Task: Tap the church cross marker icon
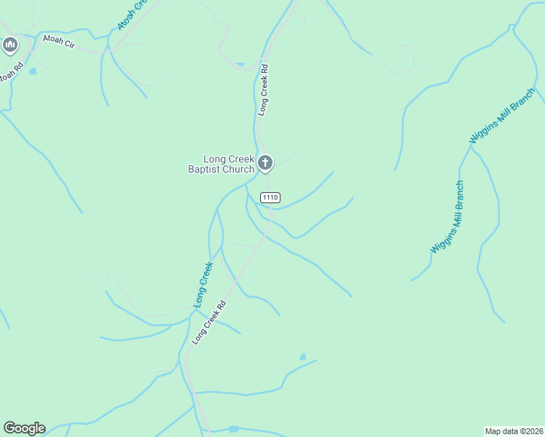tap(266, 162)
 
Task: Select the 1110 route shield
tap(270, 197)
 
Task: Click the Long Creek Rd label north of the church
tap(264, 90)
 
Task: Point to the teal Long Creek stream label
tap(203, 284)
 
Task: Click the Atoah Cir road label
tap(58, 42)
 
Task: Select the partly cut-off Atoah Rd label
tap(9, 74)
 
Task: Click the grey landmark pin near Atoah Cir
tap(10, 46)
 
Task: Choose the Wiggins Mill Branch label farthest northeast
tap(503, 115)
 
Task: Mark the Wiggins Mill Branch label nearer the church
tap(447, 217)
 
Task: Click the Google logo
tap(24, 428)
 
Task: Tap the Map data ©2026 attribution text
tap(514, 430)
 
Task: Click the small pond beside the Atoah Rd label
tap(32, 71)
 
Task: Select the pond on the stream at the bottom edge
tap(233, 430)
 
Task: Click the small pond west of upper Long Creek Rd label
tap(240, 64)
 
